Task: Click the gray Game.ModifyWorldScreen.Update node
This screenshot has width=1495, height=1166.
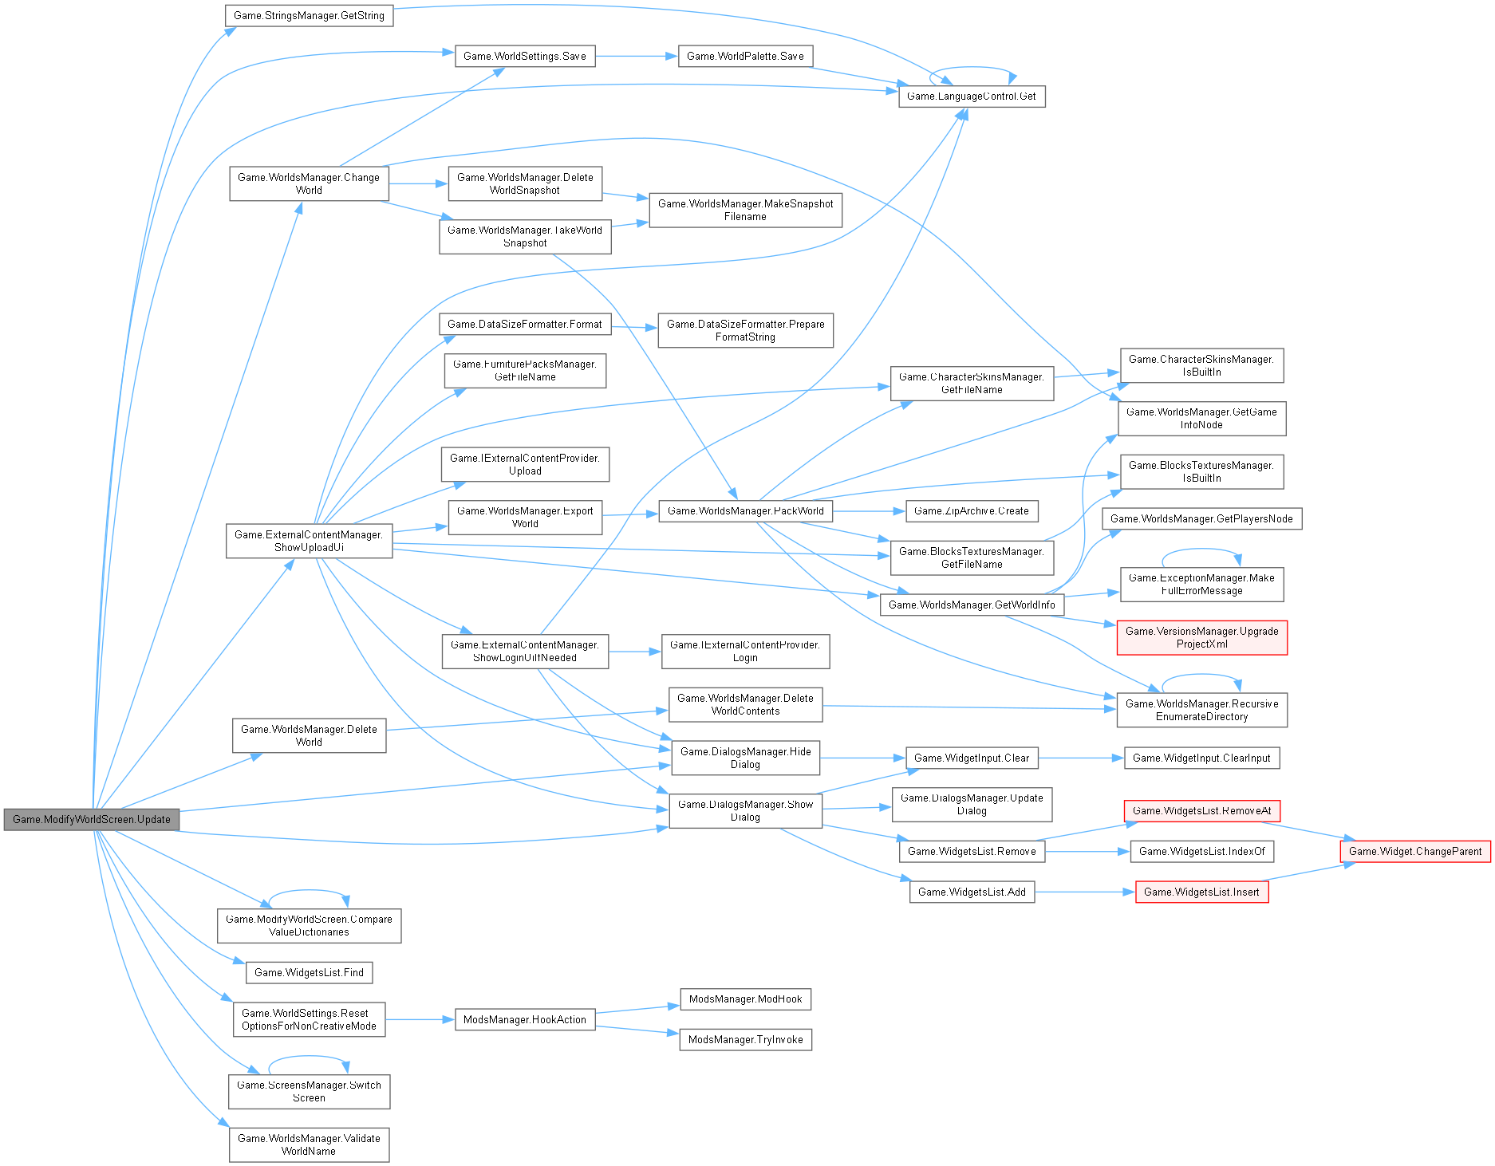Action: pos(91,819)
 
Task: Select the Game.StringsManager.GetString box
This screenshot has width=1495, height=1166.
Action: pos(309,15)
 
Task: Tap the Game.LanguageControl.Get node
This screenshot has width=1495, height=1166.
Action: pos(971,97)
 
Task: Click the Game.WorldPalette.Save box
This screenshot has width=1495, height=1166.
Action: pos(745,56)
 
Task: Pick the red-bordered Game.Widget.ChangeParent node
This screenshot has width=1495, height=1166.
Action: pos(1414,851)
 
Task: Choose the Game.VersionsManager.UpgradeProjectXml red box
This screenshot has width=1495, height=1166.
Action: pos(1201,637)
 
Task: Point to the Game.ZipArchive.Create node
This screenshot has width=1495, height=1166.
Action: pos(971,510)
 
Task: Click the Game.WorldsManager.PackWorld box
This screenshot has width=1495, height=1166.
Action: pos(745,510)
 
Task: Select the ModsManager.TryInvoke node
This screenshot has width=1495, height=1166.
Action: pos(745,1039)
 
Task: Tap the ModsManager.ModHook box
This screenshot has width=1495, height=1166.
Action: pos(745,999)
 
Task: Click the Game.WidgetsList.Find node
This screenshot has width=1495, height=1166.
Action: pos(309,972)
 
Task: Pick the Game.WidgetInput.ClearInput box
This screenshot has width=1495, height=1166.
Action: pos(1201,758)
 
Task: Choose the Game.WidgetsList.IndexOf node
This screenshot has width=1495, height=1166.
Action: pos(1201,851)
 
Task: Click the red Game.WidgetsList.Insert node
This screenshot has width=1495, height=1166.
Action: pos(1201,892)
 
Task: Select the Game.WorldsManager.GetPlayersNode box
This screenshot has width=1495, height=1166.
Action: pos(1201,518)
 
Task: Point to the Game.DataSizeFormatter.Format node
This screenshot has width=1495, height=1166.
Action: pos(524,324)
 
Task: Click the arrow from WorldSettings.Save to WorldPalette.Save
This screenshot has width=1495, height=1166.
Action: pos(636,56)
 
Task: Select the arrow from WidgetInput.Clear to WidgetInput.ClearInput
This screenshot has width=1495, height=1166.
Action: pos(1081,758)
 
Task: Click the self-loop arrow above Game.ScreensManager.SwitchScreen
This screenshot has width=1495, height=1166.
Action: pos(309,1058)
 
